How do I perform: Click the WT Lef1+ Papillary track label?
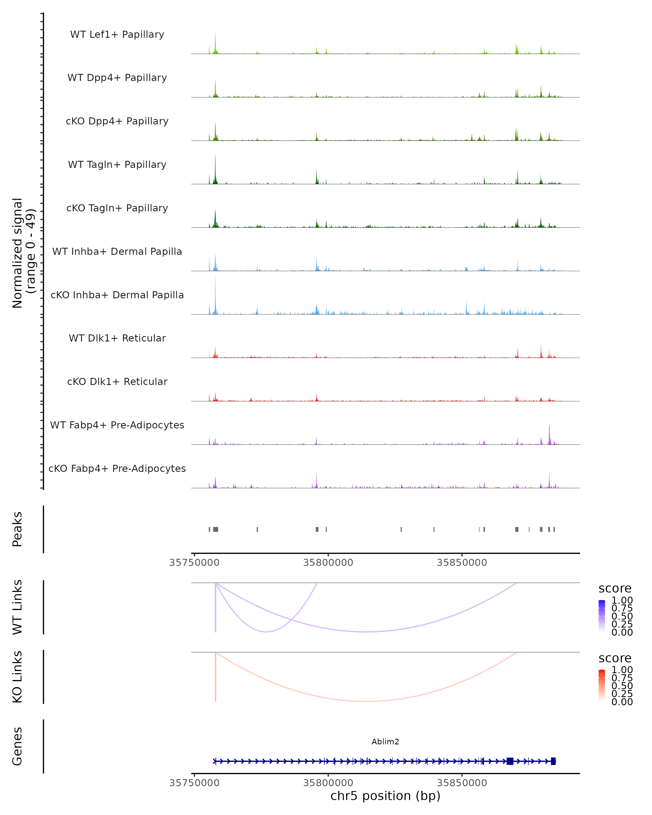[117, 35]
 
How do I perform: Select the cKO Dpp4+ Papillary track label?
[117, 121]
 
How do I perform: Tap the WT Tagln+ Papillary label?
[117, 165]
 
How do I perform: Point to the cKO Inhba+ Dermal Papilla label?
[117, 295]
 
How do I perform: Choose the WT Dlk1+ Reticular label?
[117, 338]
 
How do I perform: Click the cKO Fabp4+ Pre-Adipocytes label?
[117, 469]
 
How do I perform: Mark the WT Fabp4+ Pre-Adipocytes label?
[117, 425]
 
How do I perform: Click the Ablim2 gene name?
[385, 742]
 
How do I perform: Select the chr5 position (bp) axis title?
[385, 796]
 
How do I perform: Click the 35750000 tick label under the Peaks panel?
[194, 563]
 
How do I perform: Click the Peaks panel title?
[17, 529]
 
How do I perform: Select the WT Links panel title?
[17, 607]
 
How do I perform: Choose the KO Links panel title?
[17, 677]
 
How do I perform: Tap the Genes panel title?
[17, 746]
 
